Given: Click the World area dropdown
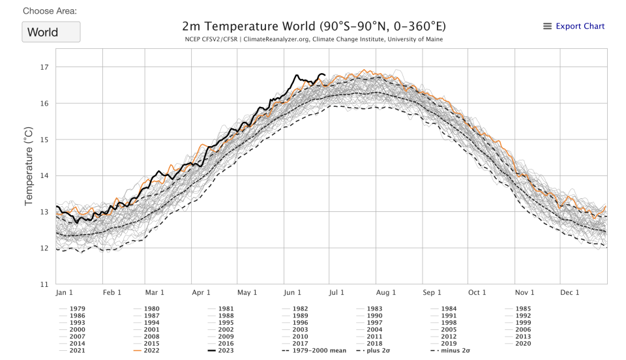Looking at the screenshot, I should click(x=51, y=32).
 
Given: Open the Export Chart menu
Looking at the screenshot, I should click(x=574, y=26).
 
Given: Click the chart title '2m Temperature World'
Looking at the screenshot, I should click(x=314, y=26).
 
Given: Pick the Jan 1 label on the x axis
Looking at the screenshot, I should click(x=65, y=293).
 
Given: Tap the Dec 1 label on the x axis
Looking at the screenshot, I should click(x=569, y=293).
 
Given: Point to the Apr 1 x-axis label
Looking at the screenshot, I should click(x=201, y=293).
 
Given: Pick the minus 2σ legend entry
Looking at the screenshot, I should click(x=450, y=350).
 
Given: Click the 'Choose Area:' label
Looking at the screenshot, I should click(x=50, y=12).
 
